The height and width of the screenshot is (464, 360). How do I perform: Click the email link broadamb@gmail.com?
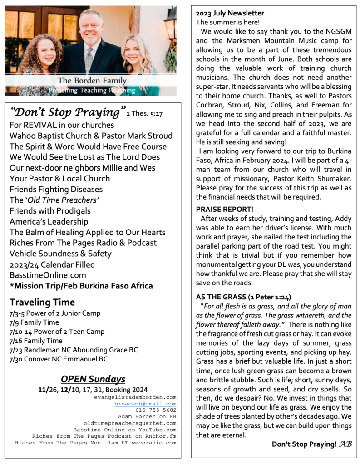tap(145, 404)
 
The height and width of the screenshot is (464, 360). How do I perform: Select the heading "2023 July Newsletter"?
tap(230, 13)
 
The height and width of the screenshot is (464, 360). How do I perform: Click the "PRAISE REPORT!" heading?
tap(225, 209)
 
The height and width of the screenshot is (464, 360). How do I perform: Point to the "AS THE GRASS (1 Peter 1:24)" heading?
tap(243, 297)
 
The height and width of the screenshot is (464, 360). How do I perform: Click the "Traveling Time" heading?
tap(42, 302)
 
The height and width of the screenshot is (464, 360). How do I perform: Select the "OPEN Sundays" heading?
tap(93, 379)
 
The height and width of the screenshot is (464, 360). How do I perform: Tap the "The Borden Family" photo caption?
tap(92, 81)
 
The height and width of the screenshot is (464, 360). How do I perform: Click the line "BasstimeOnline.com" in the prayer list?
tap(41, 275)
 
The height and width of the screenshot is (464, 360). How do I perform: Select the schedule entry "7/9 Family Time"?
tap(34, 322)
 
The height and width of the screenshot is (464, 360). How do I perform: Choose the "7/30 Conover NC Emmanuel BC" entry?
tap(59, 359)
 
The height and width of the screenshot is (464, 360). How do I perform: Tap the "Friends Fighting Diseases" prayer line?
tap(56, 189)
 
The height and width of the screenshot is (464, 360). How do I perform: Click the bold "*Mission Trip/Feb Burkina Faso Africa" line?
tap(81, 286)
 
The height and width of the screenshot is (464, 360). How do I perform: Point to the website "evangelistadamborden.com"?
tap(135, 397)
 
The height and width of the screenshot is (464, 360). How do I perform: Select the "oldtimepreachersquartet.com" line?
tap(130, 423)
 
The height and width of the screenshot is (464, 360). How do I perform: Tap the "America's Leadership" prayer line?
tap(49, 221)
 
